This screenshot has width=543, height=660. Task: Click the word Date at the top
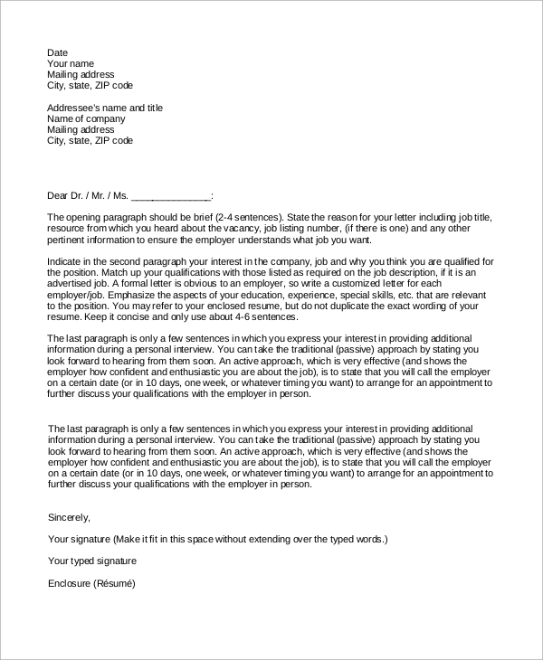[x=57, y=53]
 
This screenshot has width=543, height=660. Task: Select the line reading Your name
[x=71, y=64]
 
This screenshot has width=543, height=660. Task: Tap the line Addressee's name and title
[x=104, y=108]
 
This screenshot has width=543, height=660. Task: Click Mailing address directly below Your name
[x=81, y=75]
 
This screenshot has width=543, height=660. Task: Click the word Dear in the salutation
[x=58, y=195]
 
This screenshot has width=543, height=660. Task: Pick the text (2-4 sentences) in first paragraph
[x=251, y=218]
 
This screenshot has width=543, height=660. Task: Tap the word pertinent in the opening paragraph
[x=67, y=240]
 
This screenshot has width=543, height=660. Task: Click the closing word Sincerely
[x=69, y=517]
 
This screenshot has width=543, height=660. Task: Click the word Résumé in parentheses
[x=114, y=583]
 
